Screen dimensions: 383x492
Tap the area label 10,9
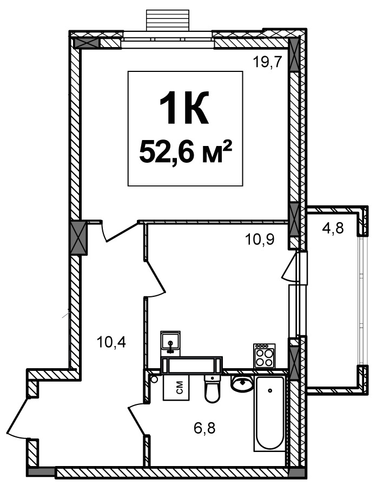(x=260, y=240)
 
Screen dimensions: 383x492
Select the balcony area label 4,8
(x=333, y=228)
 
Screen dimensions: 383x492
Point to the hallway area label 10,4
(x=111, y=342)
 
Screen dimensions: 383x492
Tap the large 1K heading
(x=184, y=108)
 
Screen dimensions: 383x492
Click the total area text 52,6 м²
(x=185, y=152)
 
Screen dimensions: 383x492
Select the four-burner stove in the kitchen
(x=265, y=356)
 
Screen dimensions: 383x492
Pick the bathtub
(x=270, y=414)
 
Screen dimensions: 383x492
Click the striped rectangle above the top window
(x=168, y=20)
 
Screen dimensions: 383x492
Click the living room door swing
(x=120, y=231)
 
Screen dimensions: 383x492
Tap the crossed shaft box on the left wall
(x=79, y=238)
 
